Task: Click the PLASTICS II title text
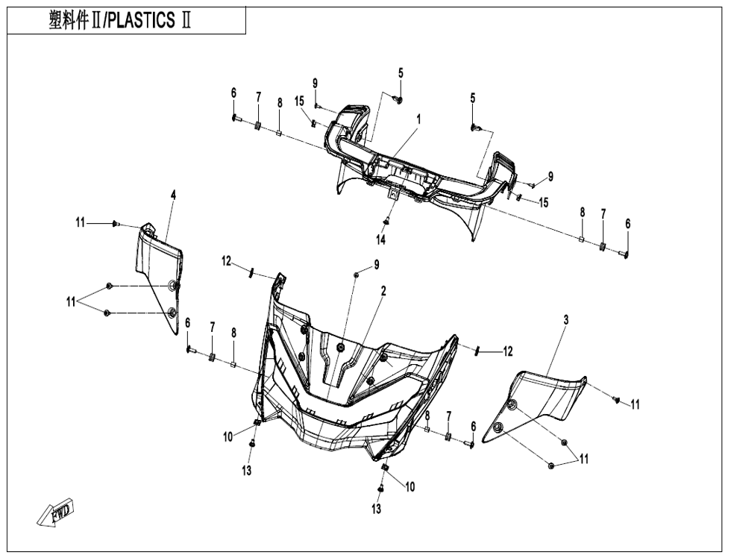point(120,21)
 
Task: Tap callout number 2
point(383,292)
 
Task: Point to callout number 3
point(566,320)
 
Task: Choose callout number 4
point(173,195)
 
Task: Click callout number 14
point(381,239)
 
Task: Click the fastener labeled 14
point(386,221)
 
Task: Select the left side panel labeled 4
point(158,278)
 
